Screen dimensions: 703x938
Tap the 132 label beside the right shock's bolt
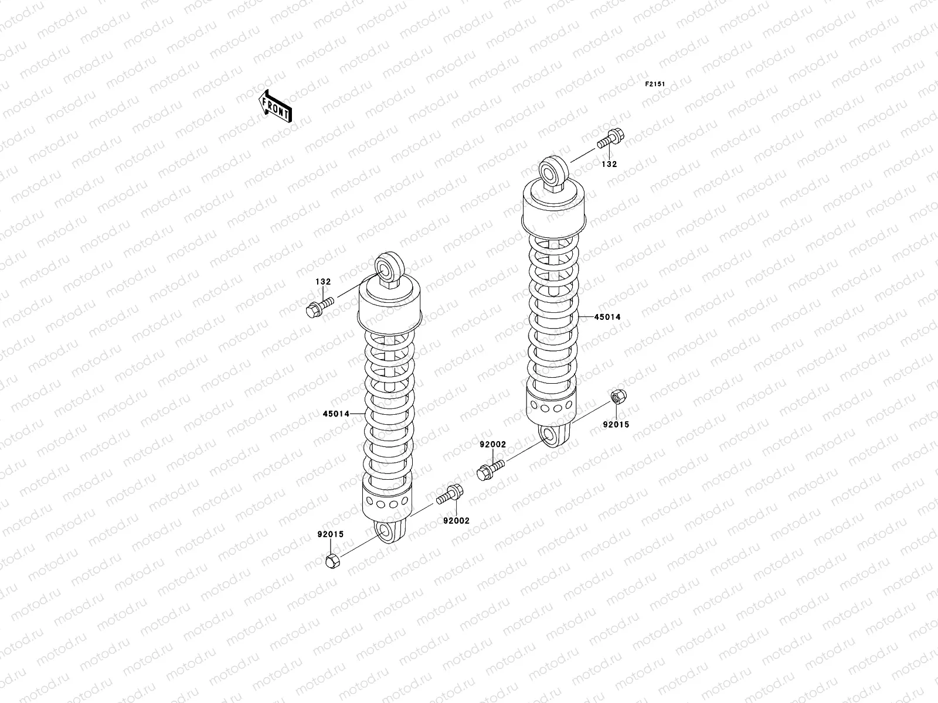point(609,165)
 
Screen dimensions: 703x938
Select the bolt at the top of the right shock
point(610,139)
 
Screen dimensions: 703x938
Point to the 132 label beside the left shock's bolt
point(323,282)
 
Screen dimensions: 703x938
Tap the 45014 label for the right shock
point(607,317)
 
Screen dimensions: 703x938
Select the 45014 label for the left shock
point(335,414)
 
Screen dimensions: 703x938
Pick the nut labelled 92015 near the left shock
point(332,561)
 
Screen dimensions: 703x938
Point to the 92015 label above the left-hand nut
point(331,534)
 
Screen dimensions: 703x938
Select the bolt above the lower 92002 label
point(450,495)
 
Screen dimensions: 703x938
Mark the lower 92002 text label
point(456,520)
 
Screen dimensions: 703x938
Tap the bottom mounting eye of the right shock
point(551,435)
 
